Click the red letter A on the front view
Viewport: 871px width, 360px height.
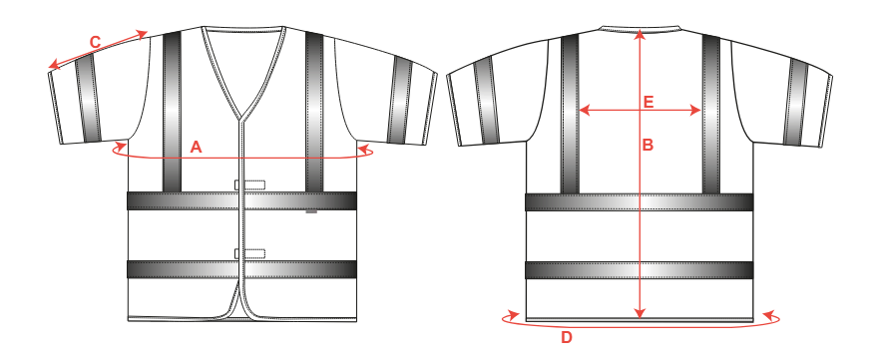point(196,147)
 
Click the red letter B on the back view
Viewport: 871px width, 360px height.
point(648,146)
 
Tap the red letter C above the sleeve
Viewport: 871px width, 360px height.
point(95,42)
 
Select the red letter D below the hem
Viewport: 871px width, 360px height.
point(567,337)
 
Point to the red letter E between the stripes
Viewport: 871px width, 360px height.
point(649,103)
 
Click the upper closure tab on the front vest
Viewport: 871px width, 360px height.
point(250,184)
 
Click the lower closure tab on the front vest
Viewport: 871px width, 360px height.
point(250,254)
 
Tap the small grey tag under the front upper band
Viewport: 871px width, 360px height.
point(311,211)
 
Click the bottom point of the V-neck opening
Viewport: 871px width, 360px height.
point(240,120)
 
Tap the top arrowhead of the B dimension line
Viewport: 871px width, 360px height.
point(640,34)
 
